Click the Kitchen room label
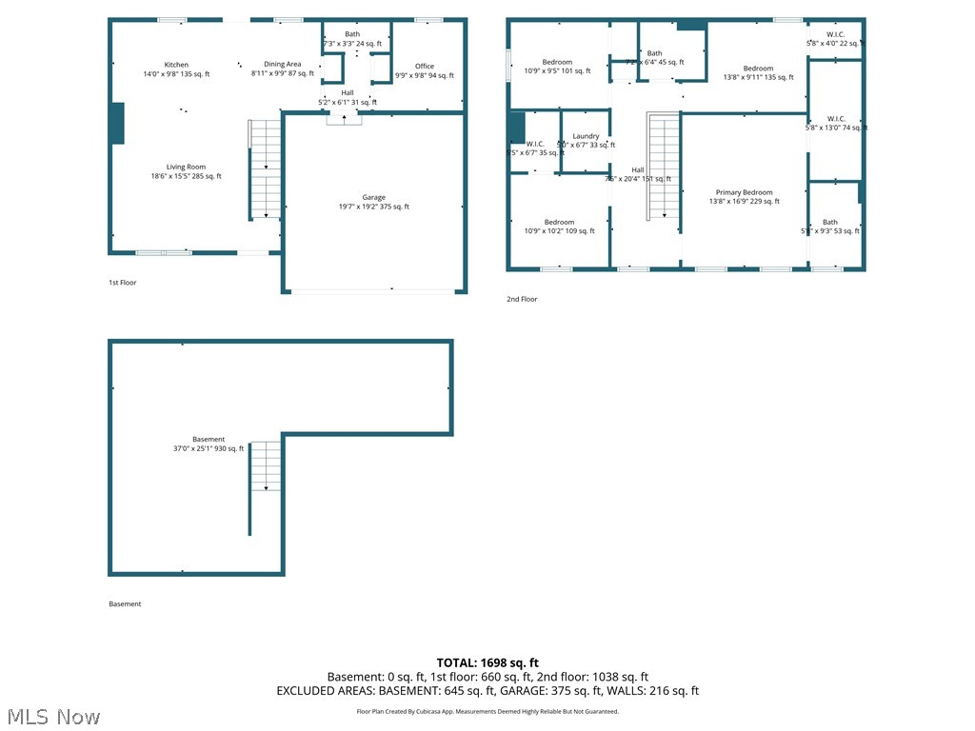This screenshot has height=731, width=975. point(176,69)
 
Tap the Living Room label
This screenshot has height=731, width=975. point(186,171)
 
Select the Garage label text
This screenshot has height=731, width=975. point(373,202)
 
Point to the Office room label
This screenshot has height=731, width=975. point(425,70)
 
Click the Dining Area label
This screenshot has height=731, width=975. point(282,69)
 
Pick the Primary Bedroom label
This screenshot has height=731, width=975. point(744,197)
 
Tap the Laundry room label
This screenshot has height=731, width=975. point(586,141)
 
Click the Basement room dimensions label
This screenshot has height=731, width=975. point(209,444)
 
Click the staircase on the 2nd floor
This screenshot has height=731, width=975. point(664,166)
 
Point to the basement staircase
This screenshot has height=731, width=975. point(266,466)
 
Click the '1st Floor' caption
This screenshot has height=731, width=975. point(122,283)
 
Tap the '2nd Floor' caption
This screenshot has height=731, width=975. point(522,300)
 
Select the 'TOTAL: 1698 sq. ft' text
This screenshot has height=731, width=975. point(487,662)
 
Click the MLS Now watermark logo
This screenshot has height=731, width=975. point(52,716)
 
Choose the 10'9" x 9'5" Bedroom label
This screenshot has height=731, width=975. point(557,67)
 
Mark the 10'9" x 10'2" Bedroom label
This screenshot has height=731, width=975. point(559,227)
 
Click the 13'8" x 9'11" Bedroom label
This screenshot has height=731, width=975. point(758,73)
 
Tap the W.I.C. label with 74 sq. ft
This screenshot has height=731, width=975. point(836,124)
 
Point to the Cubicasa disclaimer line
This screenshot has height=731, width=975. point(487,711)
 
